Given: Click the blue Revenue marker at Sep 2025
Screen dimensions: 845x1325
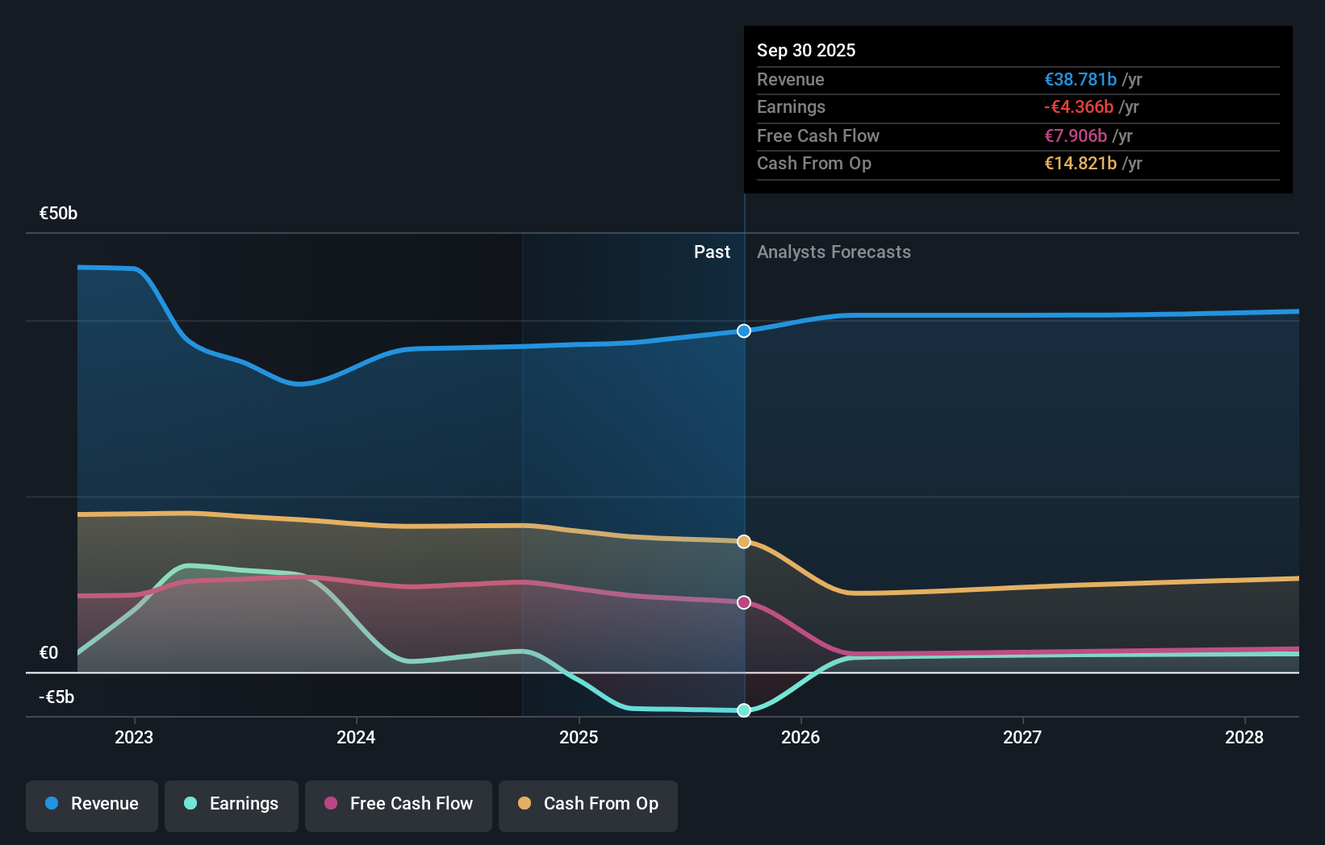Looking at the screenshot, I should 744,331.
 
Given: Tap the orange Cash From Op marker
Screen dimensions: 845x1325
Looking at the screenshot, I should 744,542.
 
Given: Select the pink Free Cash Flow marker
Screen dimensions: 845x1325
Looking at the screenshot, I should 744,602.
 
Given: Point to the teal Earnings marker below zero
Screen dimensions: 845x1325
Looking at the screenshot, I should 744,710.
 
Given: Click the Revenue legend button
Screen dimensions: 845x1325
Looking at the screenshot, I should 92,804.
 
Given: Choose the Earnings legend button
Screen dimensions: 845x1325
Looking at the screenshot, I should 232,804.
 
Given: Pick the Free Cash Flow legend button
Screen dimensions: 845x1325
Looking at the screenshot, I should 399,804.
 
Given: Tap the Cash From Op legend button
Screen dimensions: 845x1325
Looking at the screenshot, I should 588,804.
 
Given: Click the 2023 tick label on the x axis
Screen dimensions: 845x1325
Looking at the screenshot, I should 134,738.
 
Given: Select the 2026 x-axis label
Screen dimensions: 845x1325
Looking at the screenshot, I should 800,738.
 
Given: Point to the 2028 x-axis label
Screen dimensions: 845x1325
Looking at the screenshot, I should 1244,738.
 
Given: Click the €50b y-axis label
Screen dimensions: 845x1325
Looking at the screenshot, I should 59,214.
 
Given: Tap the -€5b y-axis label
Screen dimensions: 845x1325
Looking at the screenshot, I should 56,697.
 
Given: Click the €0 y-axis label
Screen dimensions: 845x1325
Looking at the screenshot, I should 49,653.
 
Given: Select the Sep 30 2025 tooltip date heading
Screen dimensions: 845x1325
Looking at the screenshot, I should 806,51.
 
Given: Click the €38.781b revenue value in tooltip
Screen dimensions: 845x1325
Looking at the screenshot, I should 1080,80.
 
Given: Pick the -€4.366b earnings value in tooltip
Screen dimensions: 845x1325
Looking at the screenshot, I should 1079,107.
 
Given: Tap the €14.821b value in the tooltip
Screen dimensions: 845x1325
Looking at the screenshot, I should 1080,164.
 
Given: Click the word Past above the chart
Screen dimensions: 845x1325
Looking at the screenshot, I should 712,252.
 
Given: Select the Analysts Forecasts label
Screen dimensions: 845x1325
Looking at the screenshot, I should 834,252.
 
